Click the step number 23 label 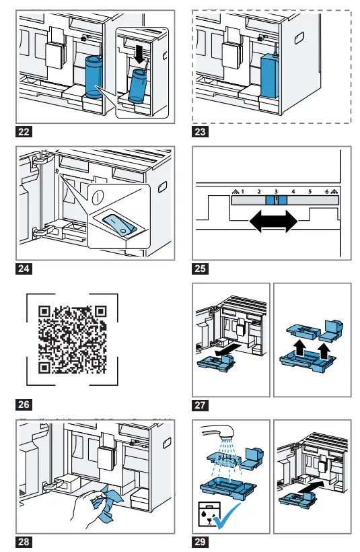pyautogui.click(x=200, y=133)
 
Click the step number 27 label pyautogui.click(x=200, y=405)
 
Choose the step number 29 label pyautogui.click(x=200, y=541)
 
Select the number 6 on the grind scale pyautogui.click(x=326, y=192)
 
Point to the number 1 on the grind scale pyautogui.click(x=242, y=192)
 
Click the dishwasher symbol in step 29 pyautogui.click(x=209, y=514)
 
